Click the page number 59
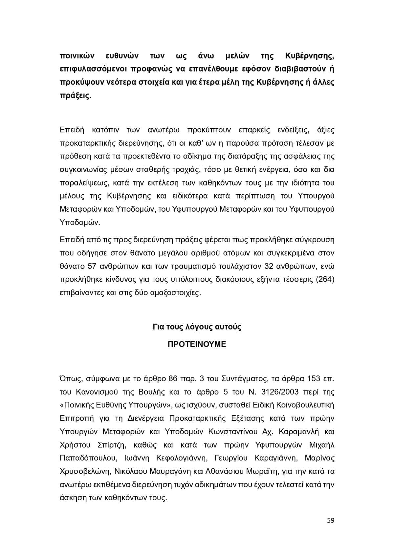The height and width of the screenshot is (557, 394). (331, 521)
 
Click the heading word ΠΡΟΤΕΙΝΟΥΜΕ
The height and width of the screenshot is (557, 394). (197, 344)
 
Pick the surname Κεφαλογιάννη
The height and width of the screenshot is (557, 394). (181, 458)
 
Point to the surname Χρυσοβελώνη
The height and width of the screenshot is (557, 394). (85, 471)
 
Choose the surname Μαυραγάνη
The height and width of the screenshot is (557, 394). (170, 471)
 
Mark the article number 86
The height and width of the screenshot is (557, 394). (173, 379)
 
